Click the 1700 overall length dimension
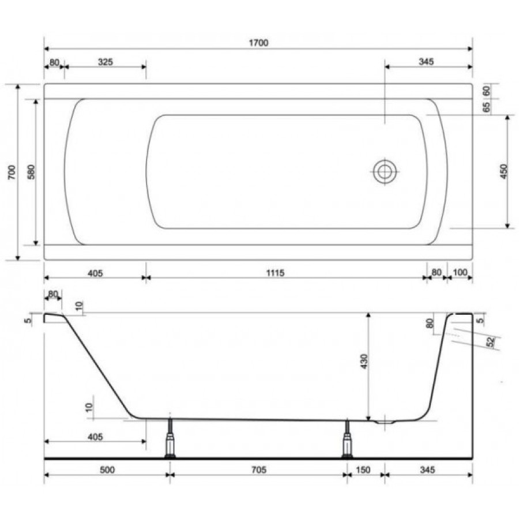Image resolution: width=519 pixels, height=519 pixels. pos(258,43)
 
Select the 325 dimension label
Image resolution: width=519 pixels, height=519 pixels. pos(106,62)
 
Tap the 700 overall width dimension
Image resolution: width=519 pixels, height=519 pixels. pos(12,172)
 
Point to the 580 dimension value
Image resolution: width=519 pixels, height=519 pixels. pos(31,172)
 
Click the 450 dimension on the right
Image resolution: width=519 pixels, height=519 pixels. pos(503,171)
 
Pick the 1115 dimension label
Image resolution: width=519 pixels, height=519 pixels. pos(276,273)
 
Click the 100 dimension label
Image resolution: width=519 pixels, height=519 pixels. pos(460,272)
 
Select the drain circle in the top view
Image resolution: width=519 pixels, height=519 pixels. pos(385,172)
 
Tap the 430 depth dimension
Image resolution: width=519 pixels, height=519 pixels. pos(364,362)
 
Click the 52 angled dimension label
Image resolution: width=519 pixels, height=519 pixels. pos(491,341)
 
